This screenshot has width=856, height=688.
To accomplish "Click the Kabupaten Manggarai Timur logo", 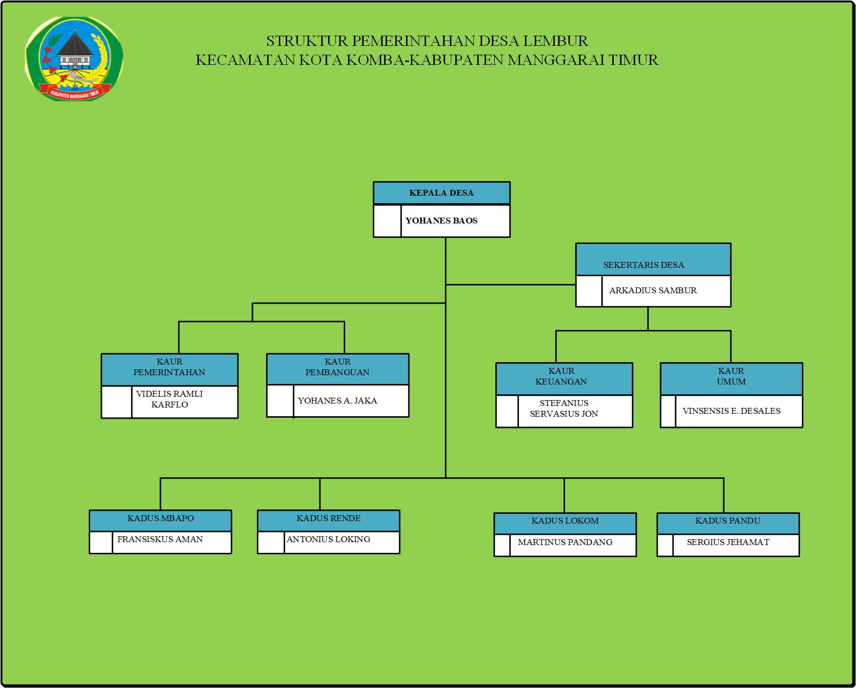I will click(74, 58).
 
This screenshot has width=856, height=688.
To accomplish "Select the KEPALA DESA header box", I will click(441, 193).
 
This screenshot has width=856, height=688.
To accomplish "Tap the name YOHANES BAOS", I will click(441, 221).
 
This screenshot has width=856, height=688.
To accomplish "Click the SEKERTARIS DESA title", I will click(643, 265).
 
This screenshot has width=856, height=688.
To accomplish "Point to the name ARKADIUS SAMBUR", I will click(653, 290).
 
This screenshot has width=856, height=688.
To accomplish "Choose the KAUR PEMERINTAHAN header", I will click(169, 367).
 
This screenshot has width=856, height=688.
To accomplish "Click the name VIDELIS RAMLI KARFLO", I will click(169, 399).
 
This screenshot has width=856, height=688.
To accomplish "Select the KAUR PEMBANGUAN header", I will click(337, 367).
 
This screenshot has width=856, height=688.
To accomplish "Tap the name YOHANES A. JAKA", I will click(337, 401).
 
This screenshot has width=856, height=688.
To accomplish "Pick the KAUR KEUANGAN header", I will click(561, 376).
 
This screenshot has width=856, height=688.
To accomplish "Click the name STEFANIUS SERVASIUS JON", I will click(564, 408).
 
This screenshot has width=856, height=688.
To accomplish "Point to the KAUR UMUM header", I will click(731, 376).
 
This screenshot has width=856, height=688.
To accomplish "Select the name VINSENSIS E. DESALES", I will click(731, 411).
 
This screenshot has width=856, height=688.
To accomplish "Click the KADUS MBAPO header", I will click(160, 518).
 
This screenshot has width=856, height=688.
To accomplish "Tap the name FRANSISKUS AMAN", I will click(160, 539).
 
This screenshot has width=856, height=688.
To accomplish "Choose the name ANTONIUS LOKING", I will click(329, 539).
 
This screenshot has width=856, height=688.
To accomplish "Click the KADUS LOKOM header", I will click(565, 521).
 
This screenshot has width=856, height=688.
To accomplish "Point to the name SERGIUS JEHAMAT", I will click(728, 542).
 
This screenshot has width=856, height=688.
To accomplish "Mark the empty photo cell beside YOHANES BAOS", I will click(387, 221).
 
